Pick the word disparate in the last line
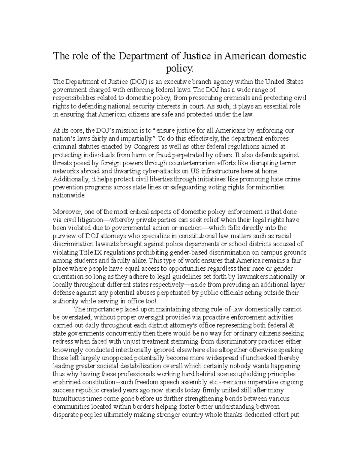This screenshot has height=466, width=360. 65,415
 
